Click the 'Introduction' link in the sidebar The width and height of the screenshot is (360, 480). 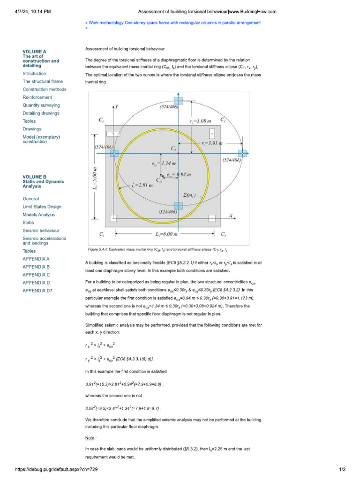34,74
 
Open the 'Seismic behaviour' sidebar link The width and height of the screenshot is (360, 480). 41,230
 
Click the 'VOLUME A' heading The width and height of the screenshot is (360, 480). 34,51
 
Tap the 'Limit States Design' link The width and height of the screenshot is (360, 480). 42,206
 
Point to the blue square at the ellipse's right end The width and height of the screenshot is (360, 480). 242,153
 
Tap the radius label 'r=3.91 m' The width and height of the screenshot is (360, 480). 211,143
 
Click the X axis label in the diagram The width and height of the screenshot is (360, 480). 231,216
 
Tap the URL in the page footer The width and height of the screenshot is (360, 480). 57,469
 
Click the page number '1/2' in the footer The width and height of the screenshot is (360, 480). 342,469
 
